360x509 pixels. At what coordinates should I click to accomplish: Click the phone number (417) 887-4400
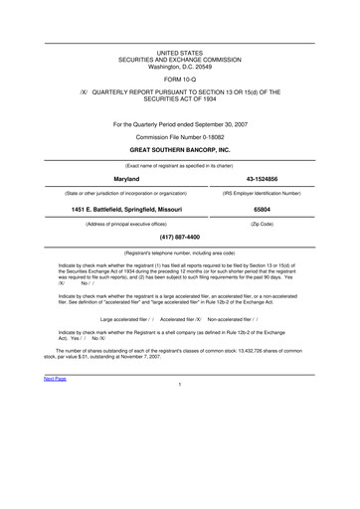[180, 238]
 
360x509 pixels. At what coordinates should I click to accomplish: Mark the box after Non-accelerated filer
[255, 319]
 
